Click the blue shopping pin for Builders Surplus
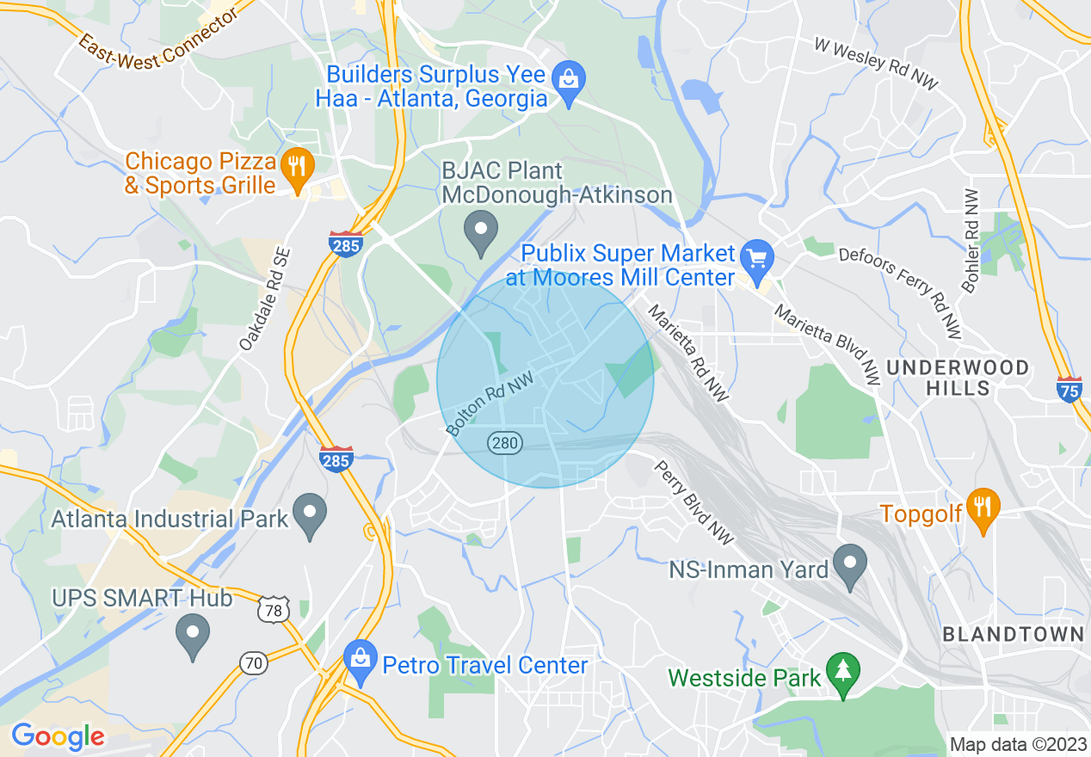pyautogui.click(x=568, y=80)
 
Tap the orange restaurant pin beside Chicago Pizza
pyautogui.click(x=297, y=165)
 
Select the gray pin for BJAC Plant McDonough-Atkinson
pyautogui.click(x=481, y=231)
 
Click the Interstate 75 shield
pyautogui.click(x=1069, y=388)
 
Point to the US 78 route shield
pyautogui.click(x=272, y=609)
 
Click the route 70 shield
pyautogui.click(x=254, y=662)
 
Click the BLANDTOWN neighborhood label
pyautogui.click(x=1013, y=635)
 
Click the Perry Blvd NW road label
pyautogui.click(x=693, y=502)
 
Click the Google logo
pyautogui.click(x=58, y=736)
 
